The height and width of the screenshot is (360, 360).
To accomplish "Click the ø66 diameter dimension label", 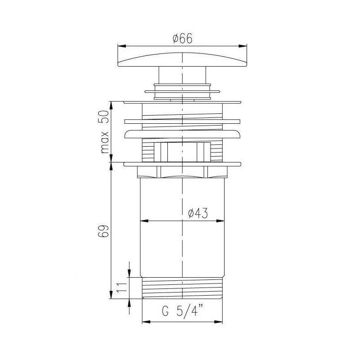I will point(182,39).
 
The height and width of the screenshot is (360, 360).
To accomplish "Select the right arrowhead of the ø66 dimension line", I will point(244,45).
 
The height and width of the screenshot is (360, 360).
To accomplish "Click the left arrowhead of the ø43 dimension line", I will point(144,220).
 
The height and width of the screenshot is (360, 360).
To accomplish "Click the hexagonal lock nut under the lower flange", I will point(182,172).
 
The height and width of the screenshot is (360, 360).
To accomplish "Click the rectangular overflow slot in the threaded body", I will point(182,152).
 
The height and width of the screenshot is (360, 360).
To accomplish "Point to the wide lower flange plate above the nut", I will point(182,164).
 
